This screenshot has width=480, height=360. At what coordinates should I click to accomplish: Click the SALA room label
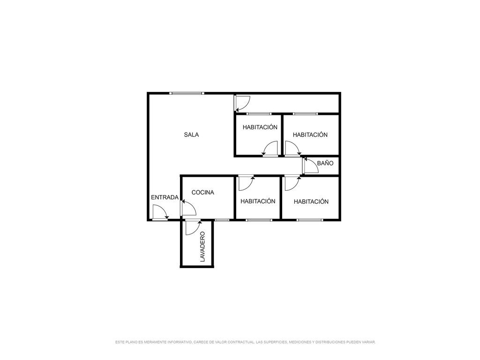coord(191,135)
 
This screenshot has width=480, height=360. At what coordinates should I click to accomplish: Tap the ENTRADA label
coord(165,197)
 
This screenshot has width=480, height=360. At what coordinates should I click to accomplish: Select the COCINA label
coord(202,193)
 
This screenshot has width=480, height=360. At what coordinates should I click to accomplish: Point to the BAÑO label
coord(325,163)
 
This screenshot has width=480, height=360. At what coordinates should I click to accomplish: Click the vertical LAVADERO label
coord(202,247)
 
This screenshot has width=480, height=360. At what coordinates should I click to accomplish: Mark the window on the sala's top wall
coord(187,93)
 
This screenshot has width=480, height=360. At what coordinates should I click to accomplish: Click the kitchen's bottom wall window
coord(222,220)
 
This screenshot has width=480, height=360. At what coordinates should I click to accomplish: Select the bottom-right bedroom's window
coord(309,220)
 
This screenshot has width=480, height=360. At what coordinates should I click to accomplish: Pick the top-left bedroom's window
coord(259,114)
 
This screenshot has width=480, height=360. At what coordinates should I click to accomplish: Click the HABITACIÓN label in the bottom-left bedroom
coord(258,201)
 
